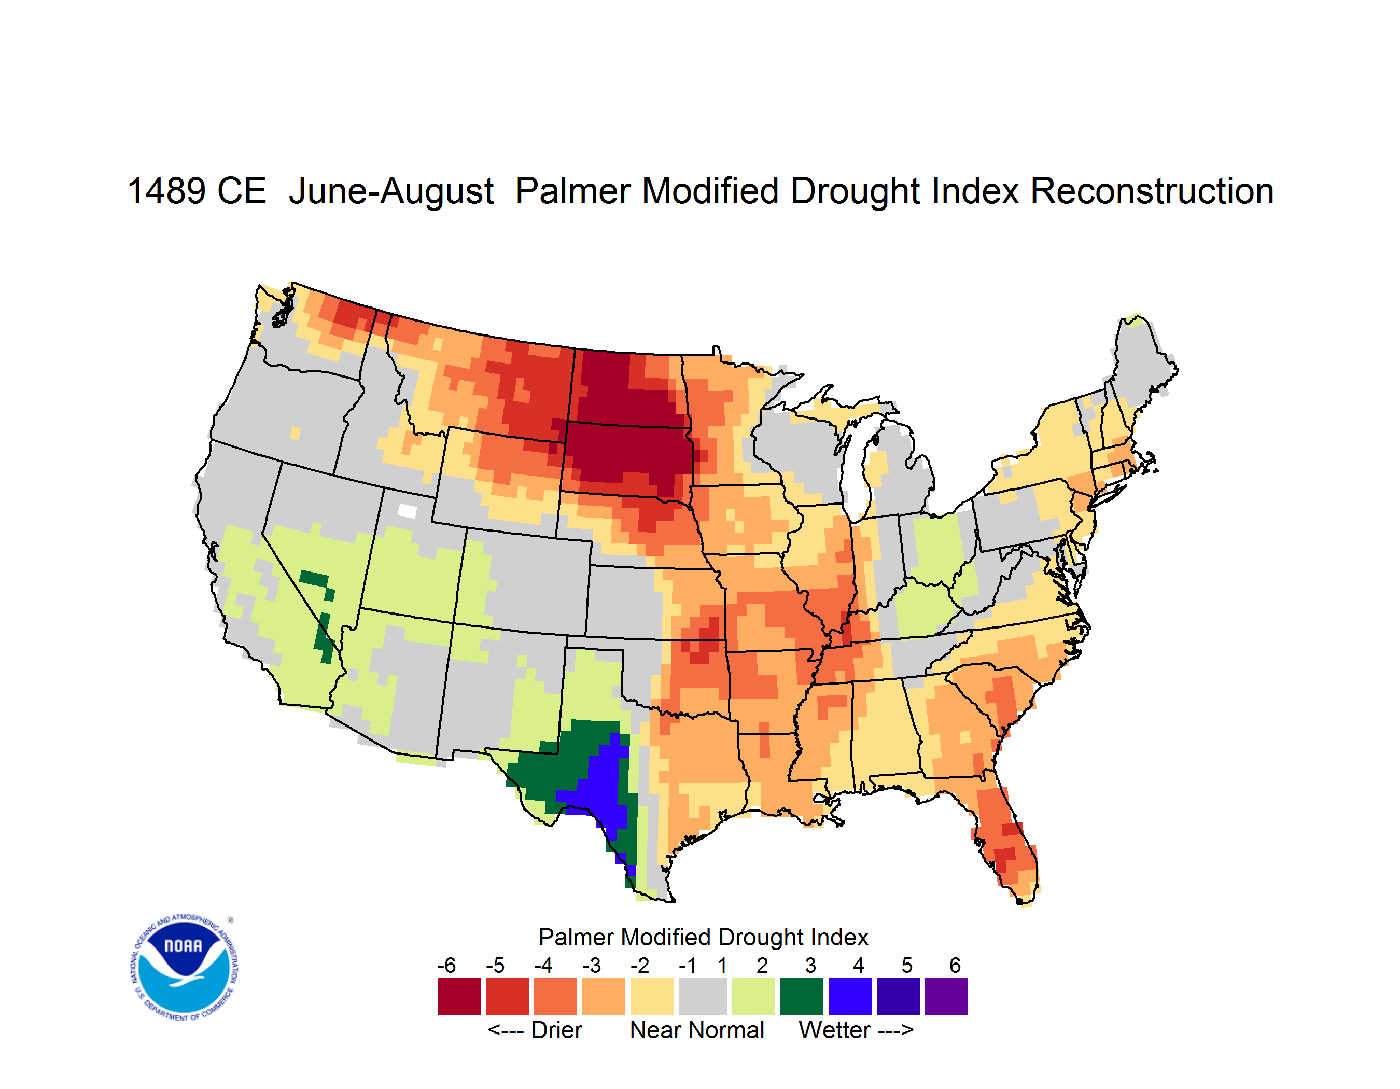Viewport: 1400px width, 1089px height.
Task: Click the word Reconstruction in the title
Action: pos(1152,191)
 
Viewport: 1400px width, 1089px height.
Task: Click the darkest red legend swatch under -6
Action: pos(459,996)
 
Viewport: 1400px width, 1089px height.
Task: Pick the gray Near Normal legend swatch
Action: pos(703,996)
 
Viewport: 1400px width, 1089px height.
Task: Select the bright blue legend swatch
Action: pos(850,996)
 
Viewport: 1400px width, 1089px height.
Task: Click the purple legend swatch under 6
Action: pos(946,996)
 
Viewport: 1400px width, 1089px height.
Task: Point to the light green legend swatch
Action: pos(753,996)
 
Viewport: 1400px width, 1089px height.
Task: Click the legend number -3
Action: pos(592,965)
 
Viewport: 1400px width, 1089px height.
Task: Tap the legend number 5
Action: pos(907,965)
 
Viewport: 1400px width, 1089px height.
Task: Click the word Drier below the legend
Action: pos(556,1030)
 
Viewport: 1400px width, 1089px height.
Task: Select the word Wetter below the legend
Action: pos(835,1030)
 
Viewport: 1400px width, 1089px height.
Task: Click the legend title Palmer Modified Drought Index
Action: pos(703,937)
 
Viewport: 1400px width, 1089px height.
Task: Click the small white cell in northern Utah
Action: pos(407,511)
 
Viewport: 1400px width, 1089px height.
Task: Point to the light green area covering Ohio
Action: pos(937,545)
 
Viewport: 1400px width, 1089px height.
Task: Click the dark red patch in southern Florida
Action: pos(1004,856)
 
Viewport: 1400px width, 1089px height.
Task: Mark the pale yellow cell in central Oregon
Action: pos(295,434)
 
